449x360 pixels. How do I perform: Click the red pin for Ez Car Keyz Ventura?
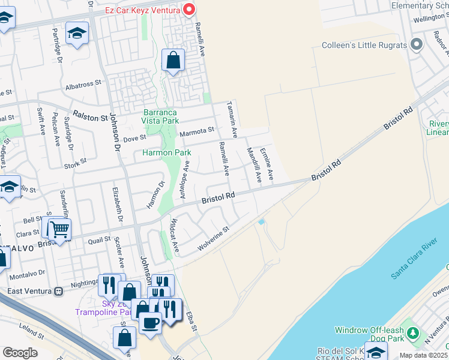(189, 8)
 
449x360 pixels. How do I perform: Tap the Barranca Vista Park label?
(161, 116)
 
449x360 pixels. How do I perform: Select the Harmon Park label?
(166, 153)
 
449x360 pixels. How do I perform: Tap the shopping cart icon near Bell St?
(59, 229)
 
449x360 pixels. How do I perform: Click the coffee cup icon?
(150, 322)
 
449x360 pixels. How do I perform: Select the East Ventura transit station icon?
(58, 291)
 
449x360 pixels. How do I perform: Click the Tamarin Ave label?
(232, 119)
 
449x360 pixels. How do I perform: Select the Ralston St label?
(89, 113)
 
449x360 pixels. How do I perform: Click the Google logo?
(20, 353)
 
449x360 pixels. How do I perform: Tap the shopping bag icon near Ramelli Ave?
(173, 61)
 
